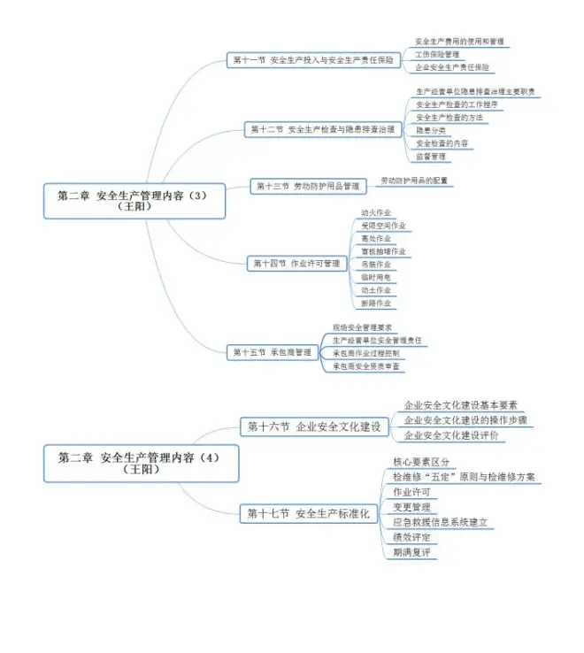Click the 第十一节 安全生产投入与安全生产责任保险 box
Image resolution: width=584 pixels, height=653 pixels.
tap(314, 60)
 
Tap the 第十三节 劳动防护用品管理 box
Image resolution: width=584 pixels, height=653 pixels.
tap(308, 186)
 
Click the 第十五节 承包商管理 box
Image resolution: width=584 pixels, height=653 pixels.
tap(273, 351)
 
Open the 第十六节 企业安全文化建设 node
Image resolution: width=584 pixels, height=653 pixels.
tap(314, 426)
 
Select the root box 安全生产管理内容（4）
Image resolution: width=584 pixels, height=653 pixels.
tap(141, 463)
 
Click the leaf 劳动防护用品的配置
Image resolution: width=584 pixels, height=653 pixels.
tap(414, 181)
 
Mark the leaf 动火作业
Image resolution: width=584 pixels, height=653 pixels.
tap(375, 213)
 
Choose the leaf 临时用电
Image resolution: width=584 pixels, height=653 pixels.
tap(375, 277)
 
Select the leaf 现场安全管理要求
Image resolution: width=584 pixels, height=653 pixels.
tap(362, 327)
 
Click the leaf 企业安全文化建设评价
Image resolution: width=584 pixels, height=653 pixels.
tap(453, 435)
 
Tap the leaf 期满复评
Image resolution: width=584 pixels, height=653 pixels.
tap(411, 552)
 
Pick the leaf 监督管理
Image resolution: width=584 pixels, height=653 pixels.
tap(431, 157)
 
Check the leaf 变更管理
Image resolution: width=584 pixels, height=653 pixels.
tap(411, 507)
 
